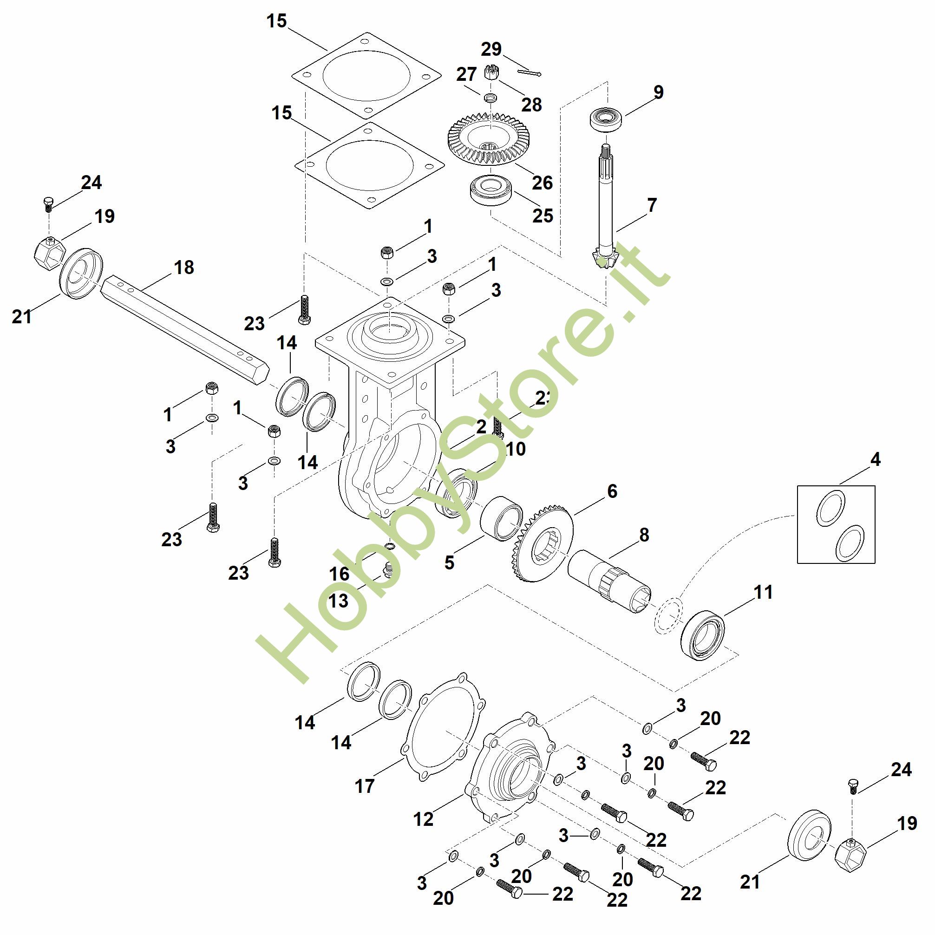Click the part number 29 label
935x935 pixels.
tap(491, 49)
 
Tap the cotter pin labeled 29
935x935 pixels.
tap(529, 73)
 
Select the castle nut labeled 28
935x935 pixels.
tap(491, 72)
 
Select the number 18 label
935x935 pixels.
tap(183, 267)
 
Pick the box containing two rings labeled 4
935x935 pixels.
tap(836, 524)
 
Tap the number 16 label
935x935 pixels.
tap(339, 574)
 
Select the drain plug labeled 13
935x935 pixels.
tap(387, 569)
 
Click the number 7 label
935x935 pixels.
tap(652, 205)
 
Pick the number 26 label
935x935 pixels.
tap(542, 183)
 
